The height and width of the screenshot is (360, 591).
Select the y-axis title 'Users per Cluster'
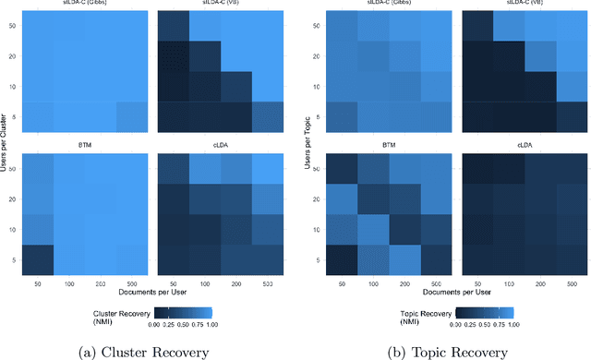click(6, 138)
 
